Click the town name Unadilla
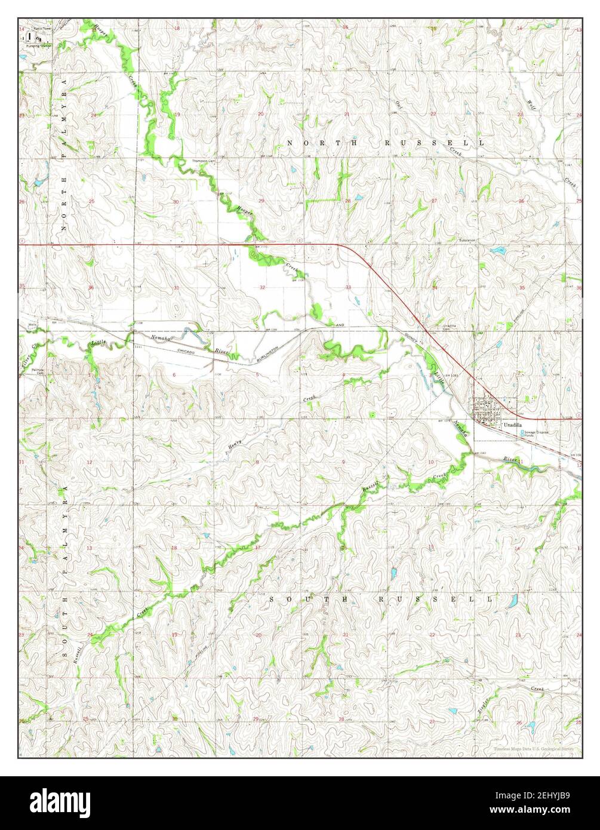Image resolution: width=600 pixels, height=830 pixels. [x=512, y=425]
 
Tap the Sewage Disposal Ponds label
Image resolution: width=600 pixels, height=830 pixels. [x=536, y=433]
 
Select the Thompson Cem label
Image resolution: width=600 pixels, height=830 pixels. [x=202, y=161]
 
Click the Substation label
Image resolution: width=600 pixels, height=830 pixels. [x=467, y=240]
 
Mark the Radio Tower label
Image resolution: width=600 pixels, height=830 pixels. [x=42, y=28]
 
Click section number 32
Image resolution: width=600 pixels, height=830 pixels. [x=263, y=287]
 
